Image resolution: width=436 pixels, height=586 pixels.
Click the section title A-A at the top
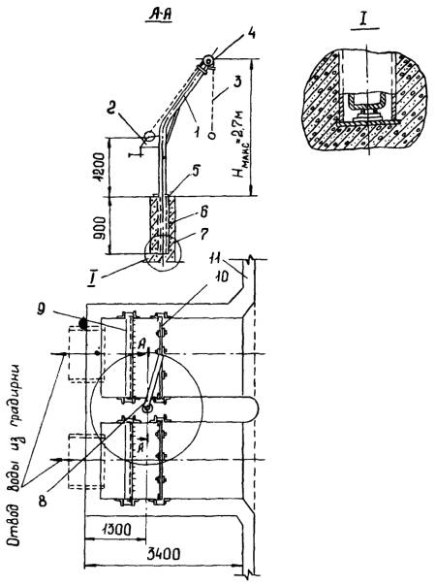(160, 15)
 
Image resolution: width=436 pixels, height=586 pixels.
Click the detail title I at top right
(365, 21)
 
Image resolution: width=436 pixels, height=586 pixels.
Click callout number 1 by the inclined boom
(197, 131)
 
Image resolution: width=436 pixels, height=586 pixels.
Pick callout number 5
(195, 171)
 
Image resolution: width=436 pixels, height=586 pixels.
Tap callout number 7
(204, 235)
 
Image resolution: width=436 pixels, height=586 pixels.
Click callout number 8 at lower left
(44, 500)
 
